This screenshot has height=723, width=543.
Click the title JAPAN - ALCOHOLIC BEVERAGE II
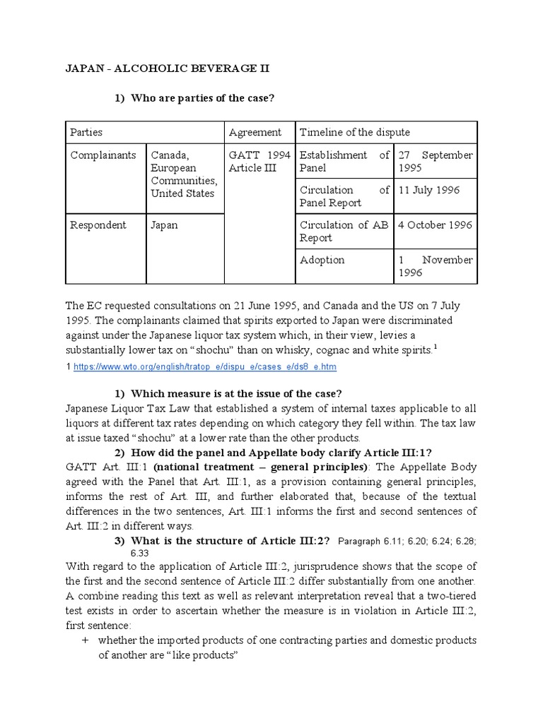click(x=168, y=68)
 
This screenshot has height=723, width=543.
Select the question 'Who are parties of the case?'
click(x=202, y=98)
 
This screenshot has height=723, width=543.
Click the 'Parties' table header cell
click(x=86, y=132)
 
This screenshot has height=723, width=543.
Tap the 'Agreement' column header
click(x=255, y=132)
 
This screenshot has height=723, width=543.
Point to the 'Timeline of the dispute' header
click(x=354, y=132)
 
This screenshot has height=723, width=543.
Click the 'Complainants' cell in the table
click(x=103, y=155)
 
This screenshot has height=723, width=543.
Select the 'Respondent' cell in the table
click(x=98, y=225)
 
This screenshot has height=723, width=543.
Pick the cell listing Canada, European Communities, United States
click(x=183, y=174)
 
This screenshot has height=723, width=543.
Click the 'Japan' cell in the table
click(x=164, y=225)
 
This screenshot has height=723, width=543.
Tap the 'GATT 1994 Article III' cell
click(x=255, y=162)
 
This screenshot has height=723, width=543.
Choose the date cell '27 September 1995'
click(x=435, y=162)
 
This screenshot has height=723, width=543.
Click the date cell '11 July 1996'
click(x=430, y=190)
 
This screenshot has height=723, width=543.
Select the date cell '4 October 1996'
click(x=435, y=225)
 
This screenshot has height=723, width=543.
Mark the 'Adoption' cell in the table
click(x=322, y=260)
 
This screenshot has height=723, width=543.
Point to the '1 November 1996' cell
click(x=435, y=266)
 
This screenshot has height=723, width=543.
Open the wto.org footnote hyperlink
click(x=204, y=367)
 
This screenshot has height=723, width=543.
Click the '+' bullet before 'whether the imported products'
click(x=86, y=640)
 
